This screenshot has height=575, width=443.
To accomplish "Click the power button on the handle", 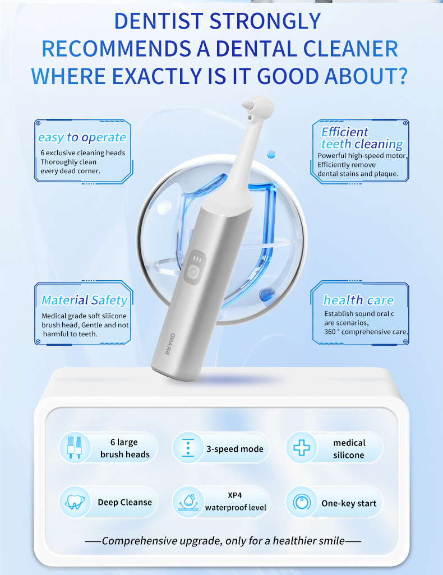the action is pos(193,272).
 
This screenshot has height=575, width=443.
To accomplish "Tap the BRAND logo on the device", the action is pos(170,344).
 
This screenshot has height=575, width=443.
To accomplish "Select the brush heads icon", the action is pos(75,447).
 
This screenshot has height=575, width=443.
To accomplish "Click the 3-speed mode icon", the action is pos(188,448).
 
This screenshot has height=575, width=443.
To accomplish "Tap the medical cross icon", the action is pos(302,448).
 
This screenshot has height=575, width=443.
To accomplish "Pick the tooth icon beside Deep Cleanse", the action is pos(75,502).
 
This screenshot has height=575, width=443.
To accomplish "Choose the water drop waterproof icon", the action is pos(188,502).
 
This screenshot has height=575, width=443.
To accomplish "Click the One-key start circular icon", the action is pos(302,502).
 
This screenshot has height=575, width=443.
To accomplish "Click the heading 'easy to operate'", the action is pos(82,137).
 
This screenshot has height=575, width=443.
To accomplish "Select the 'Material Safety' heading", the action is pos(85,300).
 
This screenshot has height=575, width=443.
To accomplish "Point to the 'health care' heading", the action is pos(358,300).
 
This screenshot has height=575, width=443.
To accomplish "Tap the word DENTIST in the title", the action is pos(159,21).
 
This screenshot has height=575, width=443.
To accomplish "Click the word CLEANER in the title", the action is pos(351,49).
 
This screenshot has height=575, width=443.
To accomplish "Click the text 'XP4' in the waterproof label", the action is pos(235,495).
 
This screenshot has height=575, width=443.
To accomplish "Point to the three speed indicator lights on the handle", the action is pos(198,259).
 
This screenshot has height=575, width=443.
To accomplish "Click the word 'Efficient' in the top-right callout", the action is pos(345,132).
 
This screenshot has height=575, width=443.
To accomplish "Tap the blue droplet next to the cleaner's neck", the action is pos(271,154).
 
